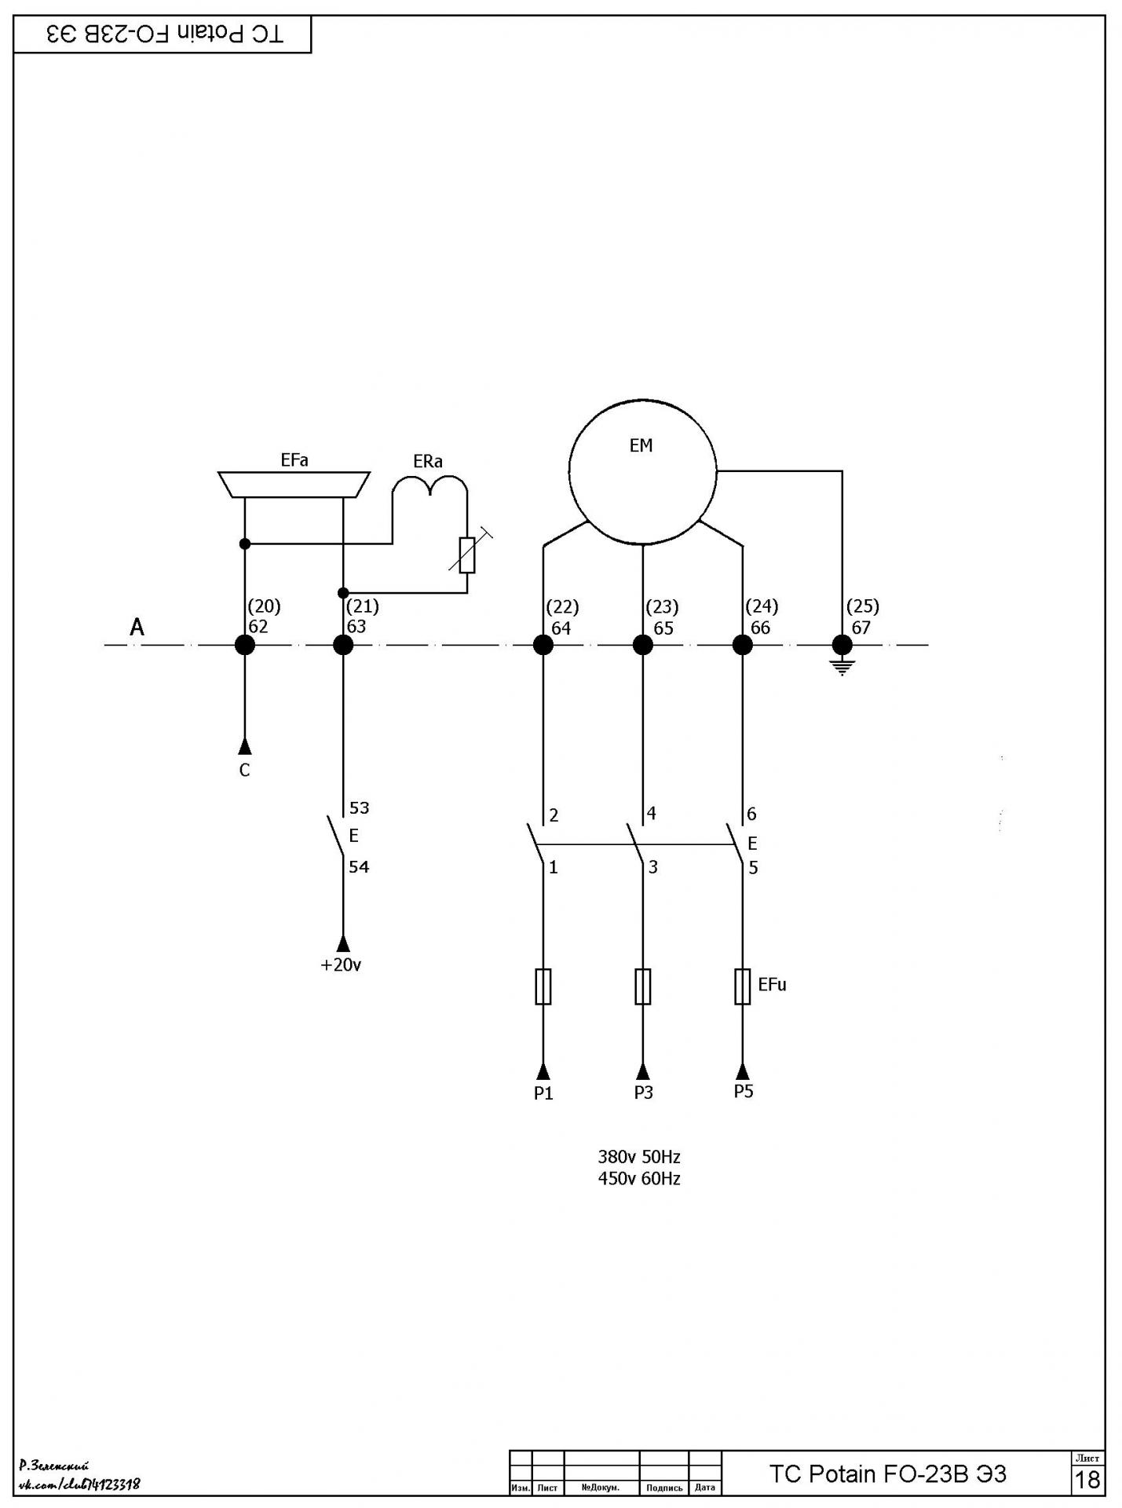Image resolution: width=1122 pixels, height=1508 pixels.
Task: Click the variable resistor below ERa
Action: pos(467,555)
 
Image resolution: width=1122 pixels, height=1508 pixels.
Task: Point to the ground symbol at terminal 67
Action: pos(842,668)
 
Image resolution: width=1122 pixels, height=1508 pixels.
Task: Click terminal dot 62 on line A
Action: pos(245,645)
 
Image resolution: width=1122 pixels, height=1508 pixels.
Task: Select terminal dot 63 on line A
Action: pos(343,645)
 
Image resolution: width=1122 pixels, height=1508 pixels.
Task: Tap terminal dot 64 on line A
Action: pos(543,645)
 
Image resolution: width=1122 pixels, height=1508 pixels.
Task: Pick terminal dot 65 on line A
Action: pos(643,645)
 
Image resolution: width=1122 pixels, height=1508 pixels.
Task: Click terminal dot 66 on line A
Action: pos(743,645)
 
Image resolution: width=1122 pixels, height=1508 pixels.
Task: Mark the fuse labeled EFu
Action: pos(743,986)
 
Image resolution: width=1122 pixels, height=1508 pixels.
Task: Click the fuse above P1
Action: pos(543,986)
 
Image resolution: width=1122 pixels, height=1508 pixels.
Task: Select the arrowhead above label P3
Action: pos(643,1071)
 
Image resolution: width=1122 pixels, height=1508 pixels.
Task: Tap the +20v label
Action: pos(341,964)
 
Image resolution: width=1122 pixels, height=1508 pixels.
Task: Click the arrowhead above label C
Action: pos(245,745)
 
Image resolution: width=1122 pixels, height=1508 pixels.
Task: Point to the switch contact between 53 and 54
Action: pos(335,837)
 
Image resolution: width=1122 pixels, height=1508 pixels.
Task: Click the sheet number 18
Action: pos(1087,1480)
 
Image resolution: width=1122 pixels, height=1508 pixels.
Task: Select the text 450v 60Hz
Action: pos(639,1178)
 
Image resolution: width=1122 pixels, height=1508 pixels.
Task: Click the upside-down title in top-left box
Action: pos(165,34)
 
